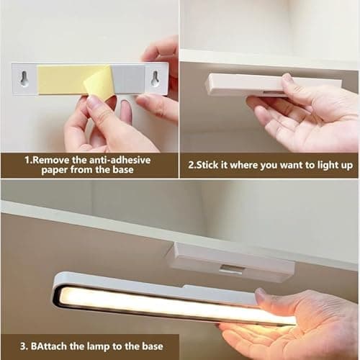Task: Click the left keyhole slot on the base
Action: tap(24, 79)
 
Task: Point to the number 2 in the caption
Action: tap(191, 166)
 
